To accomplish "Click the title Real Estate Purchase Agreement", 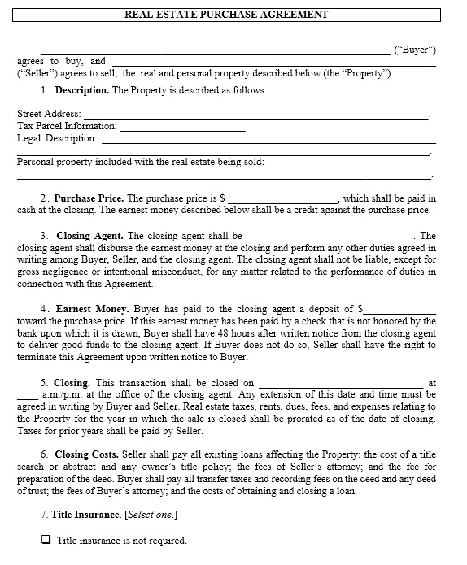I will click(226, 14).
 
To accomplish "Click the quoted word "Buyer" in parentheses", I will click(415, 50).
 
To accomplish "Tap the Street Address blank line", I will click(256, 115).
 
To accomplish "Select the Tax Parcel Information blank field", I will click(182, 128).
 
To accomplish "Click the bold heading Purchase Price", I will click(89, 198).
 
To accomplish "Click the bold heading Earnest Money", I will click(92, 309).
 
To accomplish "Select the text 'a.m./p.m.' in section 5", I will click(59, 395).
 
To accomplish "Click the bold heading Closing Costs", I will click(86, 454).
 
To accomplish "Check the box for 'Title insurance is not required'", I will click(46, 540).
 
